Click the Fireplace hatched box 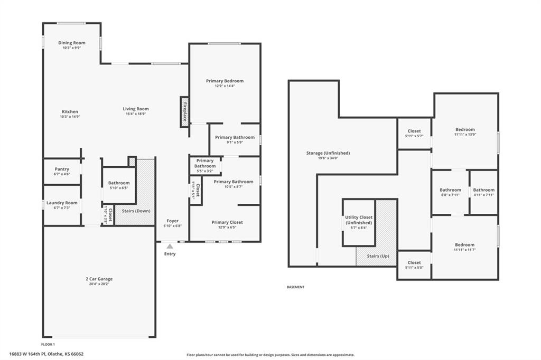(184, 111)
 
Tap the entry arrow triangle (170, 246)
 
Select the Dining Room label (72, 43)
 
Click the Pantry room (62, 172)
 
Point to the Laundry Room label (62, 203)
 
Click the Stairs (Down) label (136, 211)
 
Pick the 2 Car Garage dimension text (99, 284)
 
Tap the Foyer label (173, 221)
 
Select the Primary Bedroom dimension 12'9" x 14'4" (225, 86)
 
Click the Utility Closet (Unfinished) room (359, 222)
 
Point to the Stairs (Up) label (378, 256)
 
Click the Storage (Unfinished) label (328, 153)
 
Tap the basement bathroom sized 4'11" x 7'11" (484, 192)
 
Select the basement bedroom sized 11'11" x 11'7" (464, 247)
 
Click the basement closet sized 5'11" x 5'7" (414, 134)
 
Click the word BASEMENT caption (295, 287)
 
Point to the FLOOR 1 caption (48, 344)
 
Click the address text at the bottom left (46, 354)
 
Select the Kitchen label (70, 111)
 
